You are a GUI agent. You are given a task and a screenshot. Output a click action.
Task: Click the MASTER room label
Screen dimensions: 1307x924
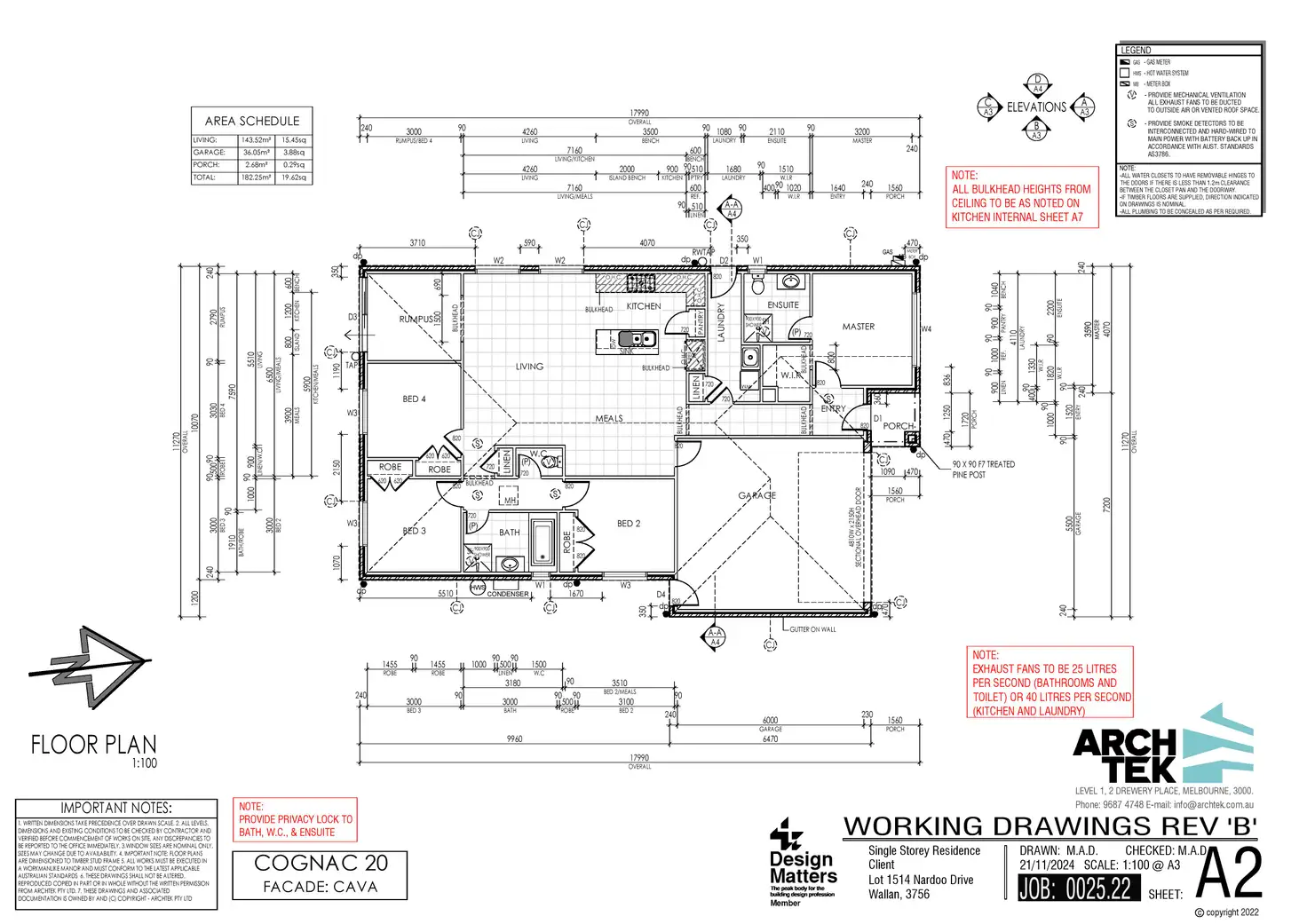[x=858, y=327]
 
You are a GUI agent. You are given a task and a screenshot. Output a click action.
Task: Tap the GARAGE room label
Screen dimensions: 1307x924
[x=756, y=495]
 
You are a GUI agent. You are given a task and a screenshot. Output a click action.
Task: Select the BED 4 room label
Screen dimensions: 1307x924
[x=414, y=399]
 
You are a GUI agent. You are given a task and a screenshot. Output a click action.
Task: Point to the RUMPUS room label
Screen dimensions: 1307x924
[x=416, y=319]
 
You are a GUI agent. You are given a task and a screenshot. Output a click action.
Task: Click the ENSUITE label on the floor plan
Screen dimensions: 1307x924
[x=782, y=305]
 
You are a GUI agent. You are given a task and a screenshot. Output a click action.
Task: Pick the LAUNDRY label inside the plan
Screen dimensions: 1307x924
[x=721, y=323]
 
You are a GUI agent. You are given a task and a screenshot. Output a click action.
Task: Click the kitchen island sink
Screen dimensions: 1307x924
[x=637, y=339]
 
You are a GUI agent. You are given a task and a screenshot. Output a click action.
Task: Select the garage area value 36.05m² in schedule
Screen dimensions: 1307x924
[x=256, y=153]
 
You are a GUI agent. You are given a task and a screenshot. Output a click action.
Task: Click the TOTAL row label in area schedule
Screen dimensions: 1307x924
[x=204, y=178]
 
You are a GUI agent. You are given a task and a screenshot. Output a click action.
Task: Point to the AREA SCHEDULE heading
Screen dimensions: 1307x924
[x=252, y=121]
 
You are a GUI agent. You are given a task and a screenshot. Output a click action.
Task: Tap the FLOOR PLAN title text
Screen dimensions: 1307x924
[x=94, y=745]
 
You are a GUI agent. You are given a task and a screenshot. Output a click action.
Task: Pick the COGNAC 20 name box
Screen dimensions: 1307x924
[x=321, y=873]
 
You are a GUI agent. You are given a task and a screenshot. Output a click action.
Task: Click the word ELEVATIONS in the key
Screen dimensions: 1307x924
[x=1036, y=107]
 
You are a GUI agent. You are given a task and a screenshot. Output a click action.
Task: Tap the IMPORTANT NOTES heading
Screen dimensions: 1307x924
[x=116, y=809]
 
